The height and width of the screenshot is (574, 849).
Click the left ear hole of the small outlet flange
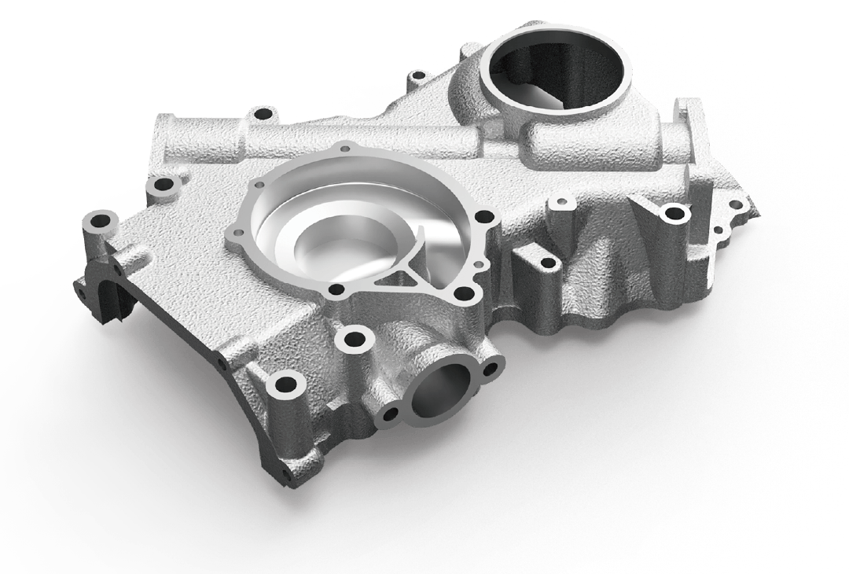pyautogui.click(x=386, y=417)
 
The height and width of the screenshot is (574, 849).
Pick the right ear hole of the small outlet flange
pyautogui.click(x=493, y=370)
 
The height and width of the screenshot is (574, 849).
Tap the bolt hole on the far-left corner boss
pyautogui.click(x=101, y=220)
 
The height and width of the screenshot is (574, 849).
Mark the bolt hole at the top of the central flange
pyautogui.click(x=344, y=147)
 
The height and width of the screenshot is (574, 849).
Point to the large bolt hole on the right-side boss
pyautogui.click(x=673, y=212)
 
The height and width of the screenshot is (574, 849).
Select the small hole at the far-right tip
pyautogui.click(x=737, y=204)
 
